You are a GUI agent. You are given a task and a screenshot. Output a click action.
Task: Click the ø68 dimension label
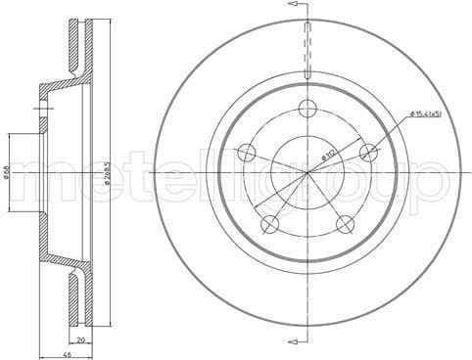7,171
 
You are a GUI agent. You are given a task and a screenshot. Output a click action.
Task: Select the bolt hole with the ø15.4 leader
368,152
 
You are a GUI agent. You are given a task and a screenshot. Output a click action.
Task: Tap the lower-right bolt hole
345,224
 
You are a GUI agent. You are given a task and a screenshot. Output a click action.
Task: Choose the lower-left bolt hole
269,224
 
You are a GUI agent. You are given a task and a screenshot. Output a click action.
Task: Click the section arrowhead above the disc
293,6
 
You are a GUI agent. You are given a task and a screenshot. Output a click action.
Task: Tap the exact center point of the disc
307,172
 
